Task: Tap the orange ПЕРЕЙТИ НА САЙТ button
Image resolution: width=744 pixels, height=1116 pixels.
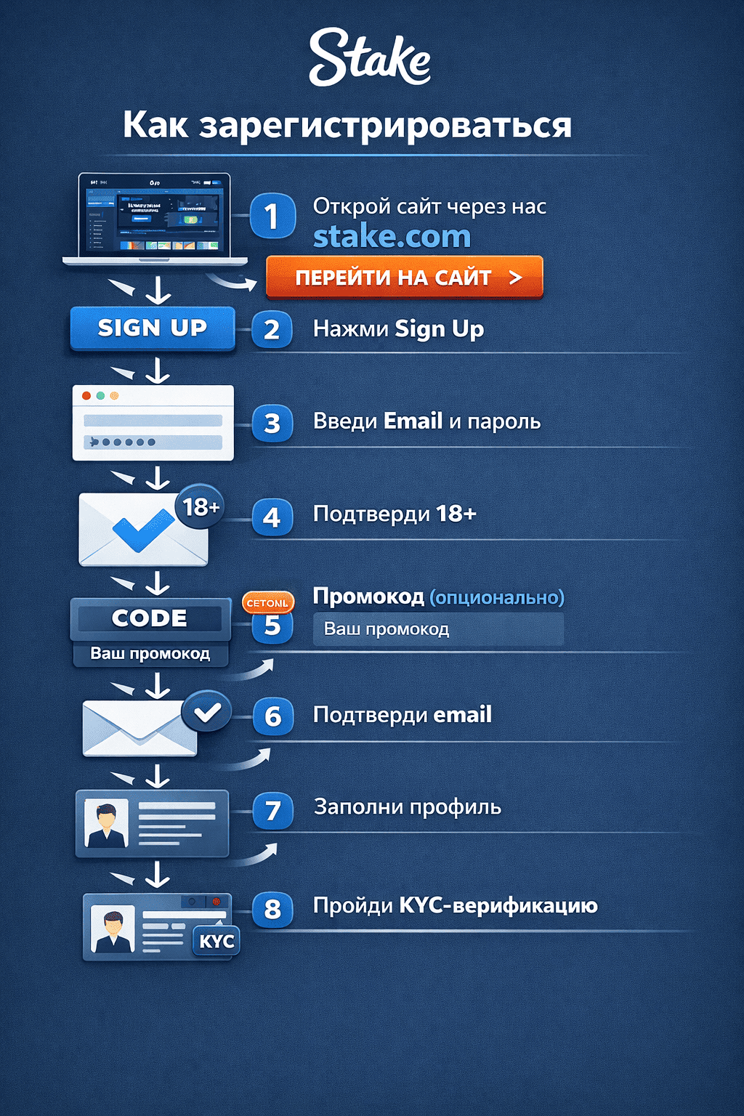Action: point(405,277)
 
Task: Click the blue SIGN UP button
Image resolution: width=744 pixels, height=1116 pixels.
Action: point(153,328)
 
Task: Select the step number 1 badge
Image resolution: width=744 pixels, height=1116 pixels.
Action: point(272,216)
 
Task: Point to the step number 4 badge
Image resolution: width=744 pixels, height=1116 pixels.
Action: point(272,517)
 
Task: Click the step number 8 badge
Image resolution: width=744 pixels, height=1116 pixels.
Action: point(272,909)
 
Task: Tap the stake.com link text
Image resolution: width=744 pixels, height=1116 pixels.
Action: point(392,236)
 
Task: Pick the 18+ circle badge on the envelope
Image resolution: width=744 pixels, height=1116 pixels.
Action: point(200,506)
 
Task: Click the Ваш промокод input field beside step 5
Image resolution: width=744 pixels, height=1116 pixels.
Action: point(438,629)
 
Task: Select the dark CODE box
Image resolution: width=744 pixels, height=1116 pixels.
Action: point(150,618)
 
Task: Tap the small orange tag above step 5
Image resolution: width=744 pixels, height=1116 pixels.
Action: point(267,603)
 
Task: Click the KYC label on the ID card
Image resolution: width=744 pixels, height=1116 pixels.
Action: point(217,942)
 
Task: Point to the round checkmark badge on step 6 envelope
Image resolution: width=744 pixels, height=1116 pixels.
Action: point(207,712)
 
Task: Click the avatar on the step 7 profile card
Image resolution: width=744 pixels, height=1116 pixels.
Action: point(106,823)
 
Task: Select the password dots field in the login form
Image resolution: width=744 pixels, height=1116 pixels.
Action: point(153,442)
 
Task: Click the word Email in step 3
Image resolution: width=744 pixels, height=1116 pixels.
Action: point(413,421)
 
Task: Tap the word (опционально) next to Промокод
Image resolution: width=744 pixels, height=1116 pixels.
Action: point(497,597)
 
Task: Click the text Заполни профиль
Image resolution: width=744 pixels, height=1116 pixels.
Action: point(408,806)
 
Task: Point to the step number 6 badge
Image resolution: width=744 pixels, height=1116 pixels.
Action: point(272,716)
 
